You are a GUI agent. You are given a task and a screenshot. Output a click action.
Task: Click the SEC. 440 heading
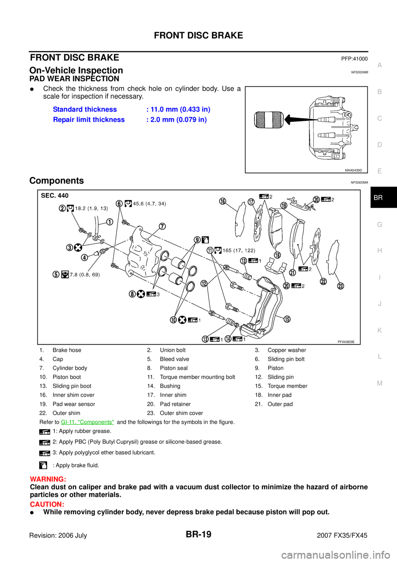point(55,196)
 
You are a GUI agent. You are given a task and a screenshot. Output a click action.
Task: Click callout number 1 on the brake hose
point(110,222)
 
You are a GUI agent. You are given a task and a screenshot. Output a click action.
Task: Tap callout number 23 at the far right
point(340,286)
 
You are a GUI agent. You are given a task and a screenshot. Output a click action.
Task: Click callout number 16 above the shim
point(223,201)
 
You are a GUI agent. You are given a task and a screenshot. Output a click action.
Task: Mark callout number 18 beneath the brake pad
point(277,255)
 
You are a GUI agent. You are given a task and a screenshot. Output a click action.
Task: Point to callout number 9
point(198,240)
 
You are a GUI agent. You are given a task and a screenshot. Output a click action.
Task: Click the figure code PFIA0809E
point(346,342)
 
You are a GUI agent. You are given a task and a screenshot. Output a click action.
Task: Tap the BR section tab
point(378,198)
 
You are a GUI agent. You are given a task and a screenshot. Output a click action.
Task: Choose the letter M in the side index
point(380,383)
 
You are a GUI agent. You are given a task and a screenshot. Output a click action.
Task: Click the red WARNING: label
point(48,479)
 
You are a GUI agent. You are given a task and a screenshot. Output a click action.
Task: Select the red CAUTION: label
point(47,505)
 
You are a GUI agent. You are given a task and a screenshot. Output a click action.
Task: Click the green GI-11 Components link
point(87,422)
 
